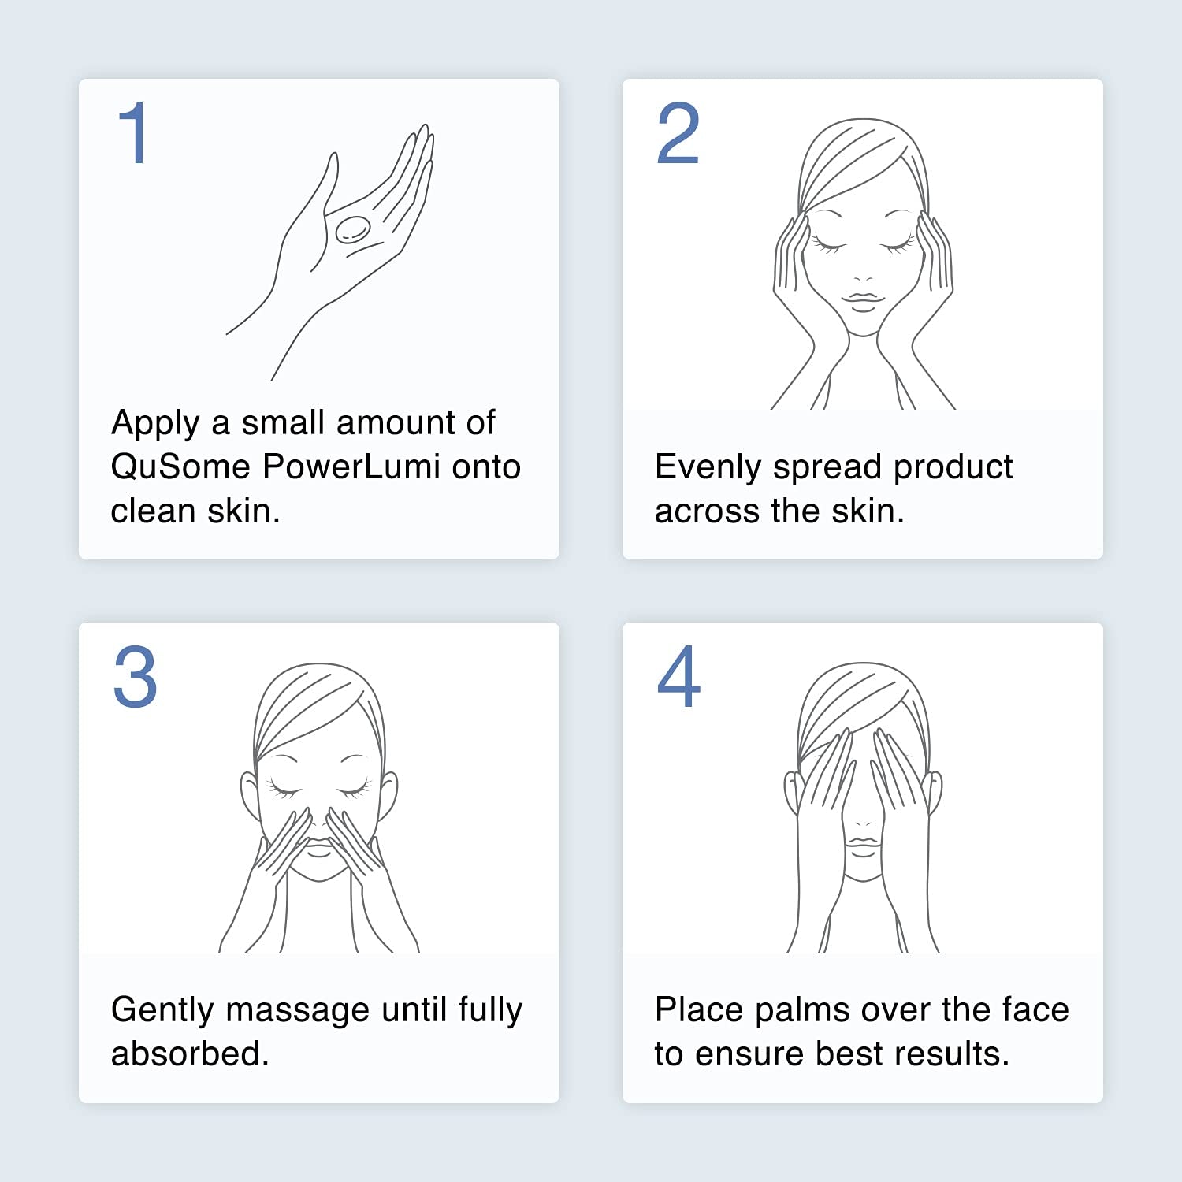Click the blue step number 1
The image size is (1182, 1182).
pos(133,133)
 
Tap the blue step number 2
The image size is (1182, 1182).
pos(678,133)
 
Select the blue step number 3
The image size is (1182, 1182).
pos(135,677)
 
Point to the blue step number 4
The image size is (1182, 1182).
pos(678,677)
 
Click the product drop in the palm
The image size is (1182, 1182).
pos(352,229)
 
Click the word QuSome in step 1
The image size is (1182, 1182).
pos(180,466)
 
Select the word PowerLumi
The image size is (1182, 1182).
pos(351,466)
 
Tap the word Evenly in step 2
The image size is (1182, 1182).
pos(707,467)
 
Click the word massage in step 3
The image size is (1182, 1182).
pos(297,1010)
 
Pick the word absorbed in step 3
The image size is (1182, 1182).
pos(190,1054)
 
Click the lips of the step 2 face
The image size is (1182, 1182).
pos(863,300)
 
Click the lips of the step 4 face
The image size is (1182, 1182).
pos(863,845)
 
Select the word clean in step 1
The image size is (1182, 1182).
pos(153,511)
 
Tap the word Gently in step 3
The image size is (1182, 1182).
pos(162,1010)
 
